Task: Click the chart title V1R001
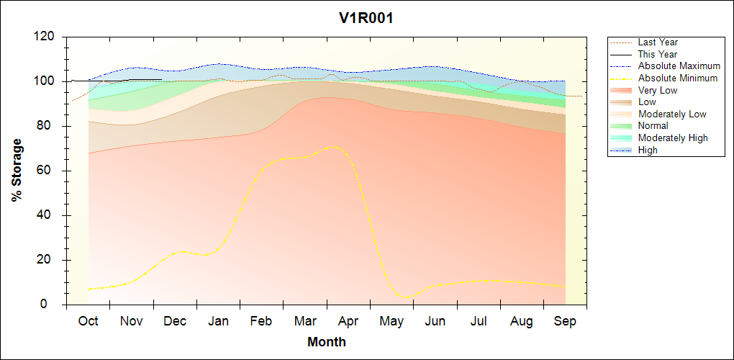366,19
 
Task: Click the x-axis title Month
326,342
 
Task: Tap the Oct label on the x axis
88,321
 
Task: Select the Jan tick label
218,321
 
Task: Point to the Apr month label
348,321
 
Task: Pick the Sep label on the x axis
565,321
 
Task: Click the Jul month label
479,321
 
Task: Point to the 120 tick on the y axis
45,37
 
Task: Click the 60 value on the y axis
48,171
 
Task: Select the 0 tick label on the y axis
52,305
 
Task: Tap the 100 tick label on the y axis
45,81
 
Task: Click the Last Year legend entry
658,42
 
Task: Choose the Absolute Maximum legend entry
679,66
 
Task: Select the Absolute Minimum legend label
677,78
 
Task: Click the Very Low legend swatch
622,91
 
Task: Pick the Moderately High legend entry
673,138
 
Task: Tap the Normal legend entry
653,126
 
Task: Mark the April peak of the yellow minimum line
332,147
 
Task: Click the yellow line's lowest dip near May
407,297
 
